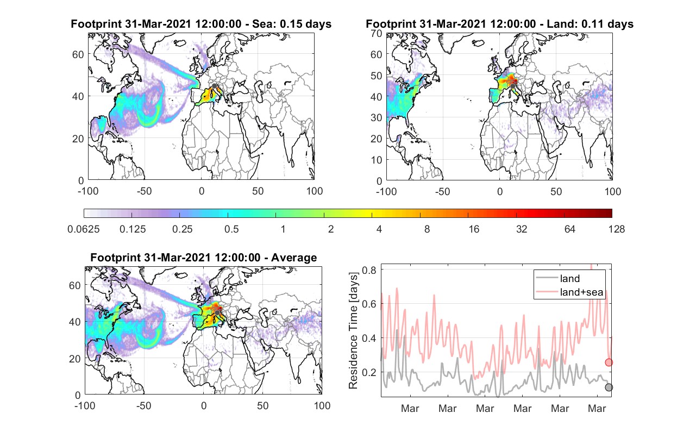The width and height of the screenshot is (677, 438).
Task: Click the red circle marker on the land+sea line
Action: click(609, 362)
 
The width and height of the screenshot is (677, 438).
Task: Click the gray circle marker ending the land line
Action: click(609, 387)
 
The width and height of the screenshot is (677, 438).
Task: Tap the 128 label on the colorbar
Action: click(616, 229)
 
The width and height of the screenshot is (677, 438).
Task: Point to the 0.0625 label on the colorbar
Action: click(84, 229)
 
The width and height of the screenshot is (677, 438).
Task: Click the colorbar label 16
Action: click(474, 229)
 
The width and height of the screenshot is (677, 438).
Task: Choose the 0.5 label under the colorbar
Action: click(231, 229)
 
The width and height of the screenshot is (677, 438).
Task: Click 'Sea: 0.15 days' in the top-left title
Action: click(292, 24)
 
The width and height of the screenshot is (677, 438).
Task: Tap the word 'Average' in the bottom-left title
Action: click(294, 258)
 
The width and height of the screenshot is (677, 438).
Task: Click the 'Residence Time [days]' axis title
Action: click(353, 330)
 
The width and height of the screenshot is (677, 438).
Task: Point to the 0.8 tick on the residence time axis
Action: click(369, 270)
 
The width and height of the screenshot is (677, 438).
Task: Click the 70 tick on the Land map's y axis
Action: click(377, 33)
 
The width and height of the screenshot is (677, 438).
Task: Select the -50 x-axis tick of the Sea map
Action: click(144, 191)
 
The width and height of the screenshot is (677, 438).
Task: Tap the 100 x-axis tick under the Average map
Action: click(322, 405)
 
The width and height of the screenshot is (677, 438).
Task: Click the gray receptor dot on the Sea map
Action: click(215, 86)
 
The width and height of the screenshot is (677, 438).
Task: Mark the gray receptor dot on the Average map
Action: click(217, 312)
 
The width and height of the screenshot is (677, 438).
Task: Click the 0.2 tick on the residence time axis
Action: click(369, 372)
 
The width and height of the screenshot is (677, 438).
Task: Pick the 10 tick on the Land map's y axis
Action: click(377, 160)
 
